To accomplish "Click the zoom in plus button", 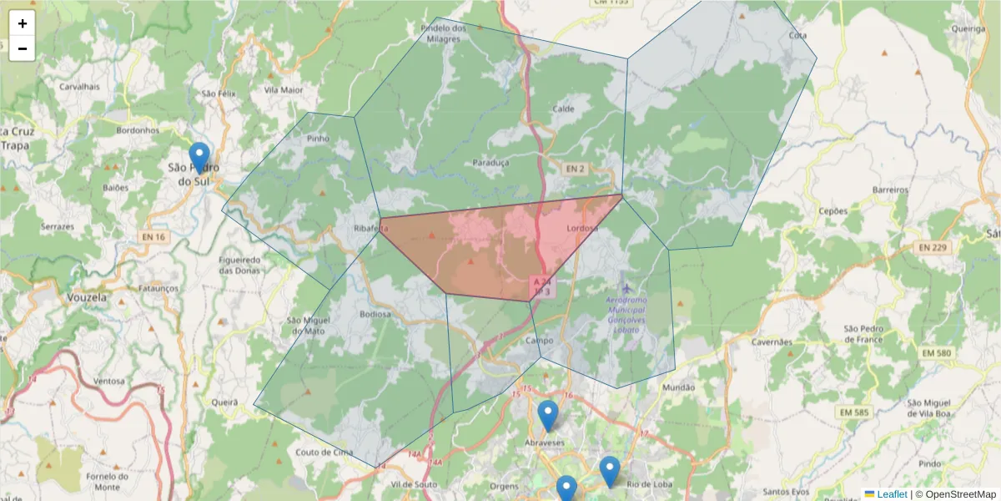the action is (23, 23).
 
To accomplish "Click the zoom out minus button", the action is (23, 48).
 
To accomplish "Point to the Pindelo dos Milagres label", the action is (443, 33).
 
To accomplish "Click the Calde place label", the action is (564, 109).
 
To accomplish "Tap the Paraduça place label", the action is (490, 163).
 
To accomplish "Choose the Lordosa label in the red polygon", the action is (583, 228).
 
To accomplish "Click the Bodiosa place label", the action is (375, 314).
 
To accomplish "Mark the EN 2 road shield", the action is (575, 169).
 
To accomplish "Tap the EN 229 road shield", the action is (933, 247).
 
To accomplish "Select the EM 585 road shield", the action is (854, 412).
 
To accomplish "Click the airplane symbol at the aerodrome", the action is (626, 288).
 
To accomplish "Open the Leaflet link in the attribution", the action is (891, 494).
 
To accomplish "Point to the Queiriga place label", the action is (968, 28).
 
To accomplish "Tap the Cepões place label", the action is (833, 211).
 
